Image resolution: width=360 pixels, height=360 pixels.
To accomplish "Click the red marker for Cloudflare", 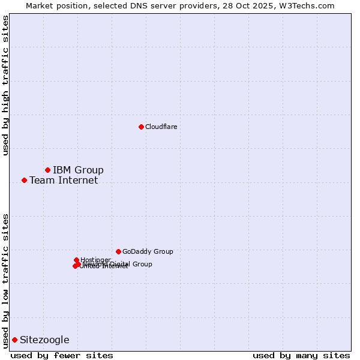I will click(x=141, y=127).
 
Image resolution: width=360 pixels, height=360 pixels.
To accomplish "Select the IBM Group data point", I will click(x=47, y=170).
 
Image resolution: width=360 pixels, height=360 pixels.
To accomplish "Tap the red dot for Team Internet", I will click(x=24, y=180).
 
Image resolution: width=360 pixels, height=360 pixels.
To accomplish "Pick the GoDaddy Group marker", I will click(x=118, y=251).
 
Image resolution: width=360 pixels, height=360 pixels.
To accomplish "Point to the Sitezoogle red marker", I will click(x=14, y=340).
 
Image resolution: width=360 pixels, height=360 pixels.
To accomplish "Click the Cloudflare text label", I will click(x=161, y=127).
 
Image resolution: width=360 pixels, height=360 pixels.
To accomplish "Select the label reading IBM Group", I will click(x=78, y=170).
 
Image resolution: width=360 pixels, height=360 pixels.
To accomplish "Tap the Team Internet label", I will click(x=64, y=180).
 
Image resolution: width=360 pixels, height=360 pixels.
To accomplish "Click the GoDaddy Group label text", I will click(x=148, y=251).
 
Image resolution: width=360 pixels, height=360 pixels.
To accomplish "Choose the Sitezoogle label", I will click(x=44, y=340).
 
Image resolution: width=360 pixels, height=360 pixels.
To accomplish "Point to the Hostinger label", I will click(x=95, y=260).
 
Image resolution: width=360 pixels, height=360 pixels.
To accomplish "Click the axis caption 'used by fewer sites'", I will click(x=62, y=355).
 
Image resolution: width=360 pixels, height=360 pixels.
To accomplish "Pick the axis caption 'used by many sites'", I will click(x=301, y=355).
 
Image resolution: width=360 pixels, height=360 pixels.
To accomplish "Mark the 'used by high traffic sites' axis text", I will click(x=5, y=85).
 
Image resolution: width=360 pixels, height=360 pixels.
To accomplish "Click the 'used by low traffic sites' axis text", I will click(x=5, y=280).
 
